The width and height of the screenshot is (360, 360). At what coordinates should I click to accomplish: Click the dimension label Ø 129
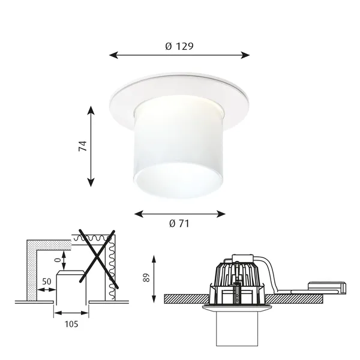click(x=179, y=46)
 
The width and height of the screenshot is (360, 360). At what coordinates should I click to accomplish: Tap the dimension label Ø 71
click(x=179, y=223)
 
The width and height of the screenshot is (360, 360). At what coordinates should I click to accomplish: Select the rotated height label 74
click(x=83, y=146)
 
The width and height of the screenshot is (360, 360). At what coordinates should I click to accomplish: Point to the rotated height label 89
click(x=146, y=278)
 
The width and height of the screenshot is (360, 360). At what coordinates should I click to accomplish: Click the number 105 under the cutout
click(x=71, y=324)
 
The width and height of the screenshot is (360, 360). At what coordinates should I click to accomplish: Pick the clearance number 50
click(x=47, y=281)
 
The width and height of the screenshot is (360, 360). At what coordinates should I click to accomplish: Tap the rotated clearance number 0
click(x=58, y=260)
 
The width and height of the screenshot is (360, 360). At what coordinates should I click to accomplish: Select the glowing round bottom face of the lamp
click(x=179, y=180)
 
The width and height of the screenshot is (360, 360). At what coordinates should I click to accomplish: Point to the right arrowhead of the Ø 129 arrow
click(x=245, y=55)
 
